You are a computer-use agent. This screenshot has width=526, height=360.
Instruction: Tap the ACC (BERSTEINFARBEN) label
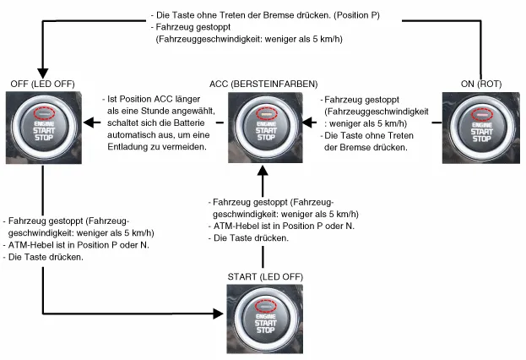tap(263, 84)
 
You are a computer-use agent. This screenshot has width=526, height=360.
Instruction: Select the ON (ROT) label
tap(479, 84)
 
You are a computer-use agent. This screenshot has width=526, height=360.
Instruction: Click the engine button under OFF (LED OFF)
tap(42, 124)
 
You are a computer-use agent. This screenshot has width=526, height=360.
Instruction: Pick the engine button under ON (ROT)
tap(480, 124)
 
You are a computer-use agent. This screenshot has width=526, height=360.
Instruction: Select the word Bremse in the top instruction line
tap(284, 15)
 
